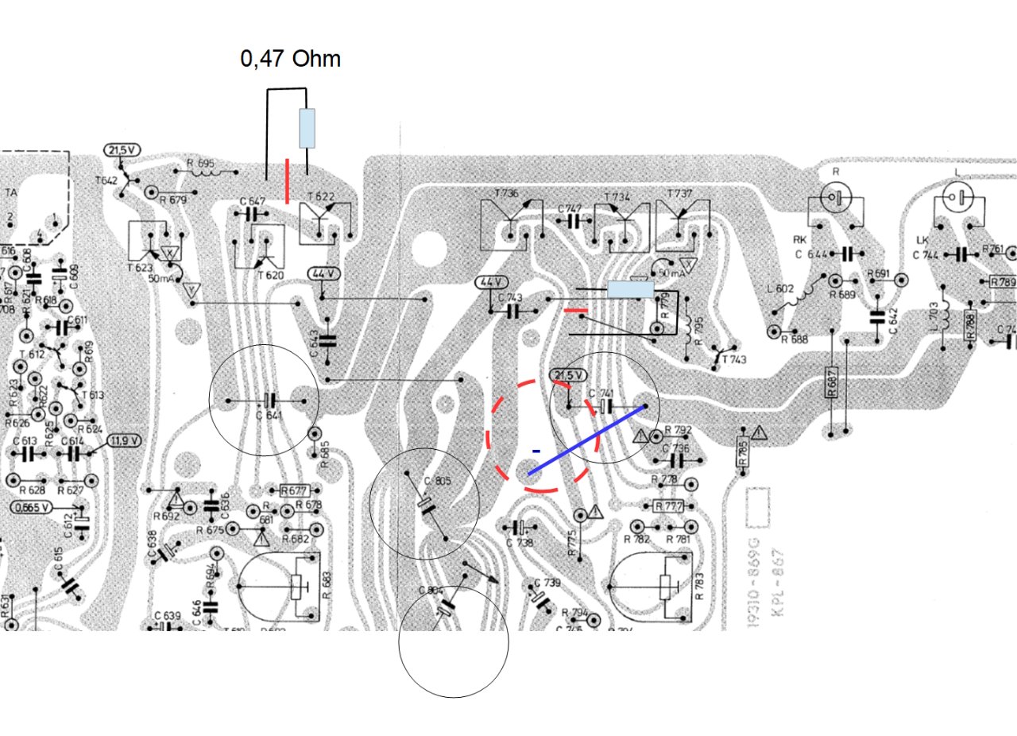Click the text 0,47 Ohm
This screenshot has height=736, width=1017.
pyautogui.click(x=290, y=59)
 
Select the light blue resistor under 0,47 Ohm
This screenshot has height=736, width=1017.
pyautogui.click(x=307, y=128)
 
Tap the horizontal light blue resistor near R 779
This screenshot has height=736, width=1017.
pyautogui.click(x=630, y=289)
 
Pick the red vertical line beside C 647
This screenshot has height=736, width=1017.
pyautogui.click(x=287, y=180)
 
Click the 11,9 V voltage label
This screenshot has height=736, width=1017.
pyautogui.click(x=125, y=440)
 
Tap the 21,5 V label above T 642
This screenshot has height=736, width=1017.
pyautogui.click(x=122, y=150)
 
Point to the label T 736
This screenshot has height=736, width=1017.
pyautogui.click(x=506, y=193)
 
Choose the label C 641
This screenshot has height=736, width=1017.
pyautogui.click(x=269, y=414)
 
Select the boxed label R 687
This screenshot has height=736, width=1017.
pyautogui.click(x=832, y=385)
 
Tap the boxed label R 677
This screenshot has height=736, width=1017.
pyautogui.click(x=294, y=490)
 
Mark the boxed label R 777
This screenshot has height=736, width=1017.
pyautogui.click(x=669, y=506)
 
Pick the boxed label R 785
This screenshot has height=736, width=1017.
pyautogui.click(x=742, y=452)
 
